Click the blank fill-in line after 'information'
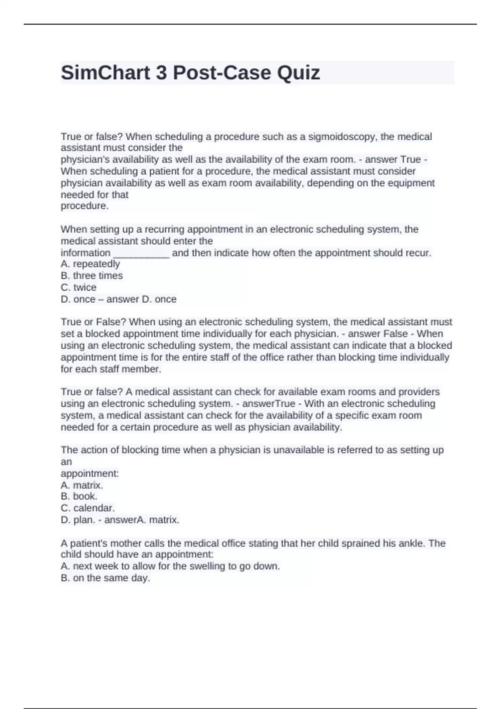pyautogui.click(x=141, y=253)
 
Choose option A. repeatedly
pyautogui.click(x=90, y=264)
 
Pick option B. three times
pyautogui.click(x=92, y=276)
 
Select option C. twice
pyautogui.click(x=78, y=287)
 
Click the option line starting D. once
pyautogui.click(x=119, y=299)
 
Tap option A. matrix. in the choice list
pyautogui.click(x=82, y=485)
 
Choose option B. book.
pyautogui.click(x=79, y=496)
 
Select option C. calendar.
pyautogui.click(x=88, y=508)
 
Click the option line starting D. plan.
pyautogui.click(x=120, y=520)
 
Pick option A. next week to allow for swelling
pyautogui.click(x=170, y=566)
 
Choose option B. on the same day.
pyautogui.click(x=105, y=578)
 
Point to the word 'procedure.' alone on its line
pyautogui.click(x=85, y=206)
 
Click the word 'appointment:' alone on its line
pyautogui.click(x=90, y=473)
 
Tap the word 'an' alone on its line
pyautogui.click(x=66, y=462)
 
